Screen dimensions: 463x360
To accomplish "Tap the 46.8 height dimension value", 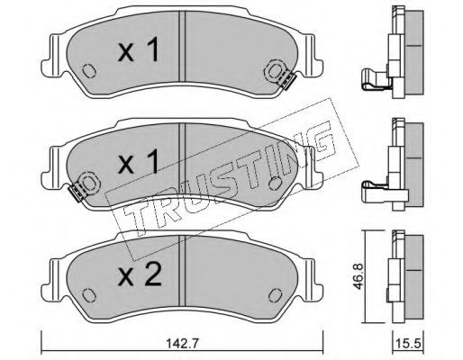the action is click(359, 276).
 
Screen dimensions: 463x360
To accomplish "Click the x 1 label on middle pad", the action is click(139, 162).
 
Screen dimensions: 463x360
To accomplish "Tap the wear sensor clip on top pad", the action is click(287, 82).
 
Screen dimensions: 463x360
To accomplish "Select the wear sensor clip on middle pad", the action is click(77, 193).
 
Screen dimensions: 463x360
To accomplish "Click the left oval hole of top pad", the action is click(88, 71).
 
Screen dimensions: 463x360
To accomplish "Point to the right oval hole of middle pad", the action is click(275, 183).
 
